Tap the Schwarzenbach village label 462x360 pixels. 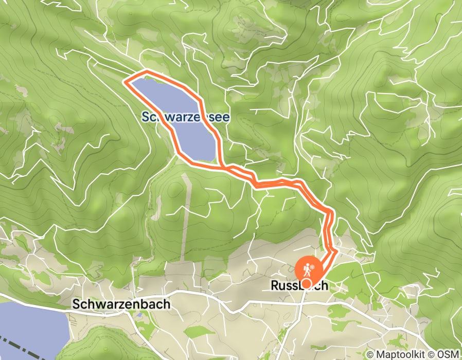click(121, 304)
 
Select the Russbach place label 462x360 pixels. click(298, 285)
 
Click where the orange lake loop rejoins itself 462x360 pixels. click(224, 167)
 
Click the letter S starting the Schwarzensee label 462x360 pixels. click(146, 117)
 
